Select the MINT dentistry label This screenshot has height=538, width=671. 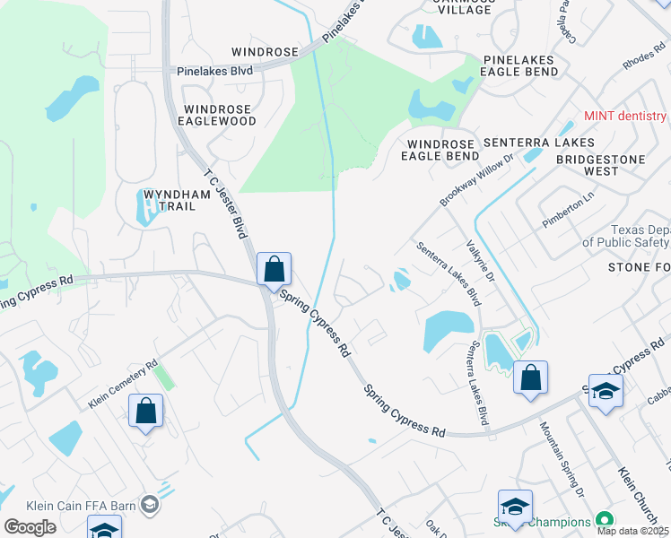(x=625, y=117)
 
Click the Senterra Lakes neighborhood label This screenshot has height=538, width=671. (x=538, y=143)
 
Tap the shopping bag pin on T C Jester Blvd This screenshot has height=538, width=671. (x=274, y=269)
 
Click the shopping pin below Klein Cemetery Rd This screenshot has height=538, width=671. (x=146, y=412)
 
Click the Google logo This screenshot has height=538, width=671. (x=30, y=527)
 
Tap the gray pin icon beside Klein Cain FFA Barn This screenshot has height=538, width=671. (x=149, y=506)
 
